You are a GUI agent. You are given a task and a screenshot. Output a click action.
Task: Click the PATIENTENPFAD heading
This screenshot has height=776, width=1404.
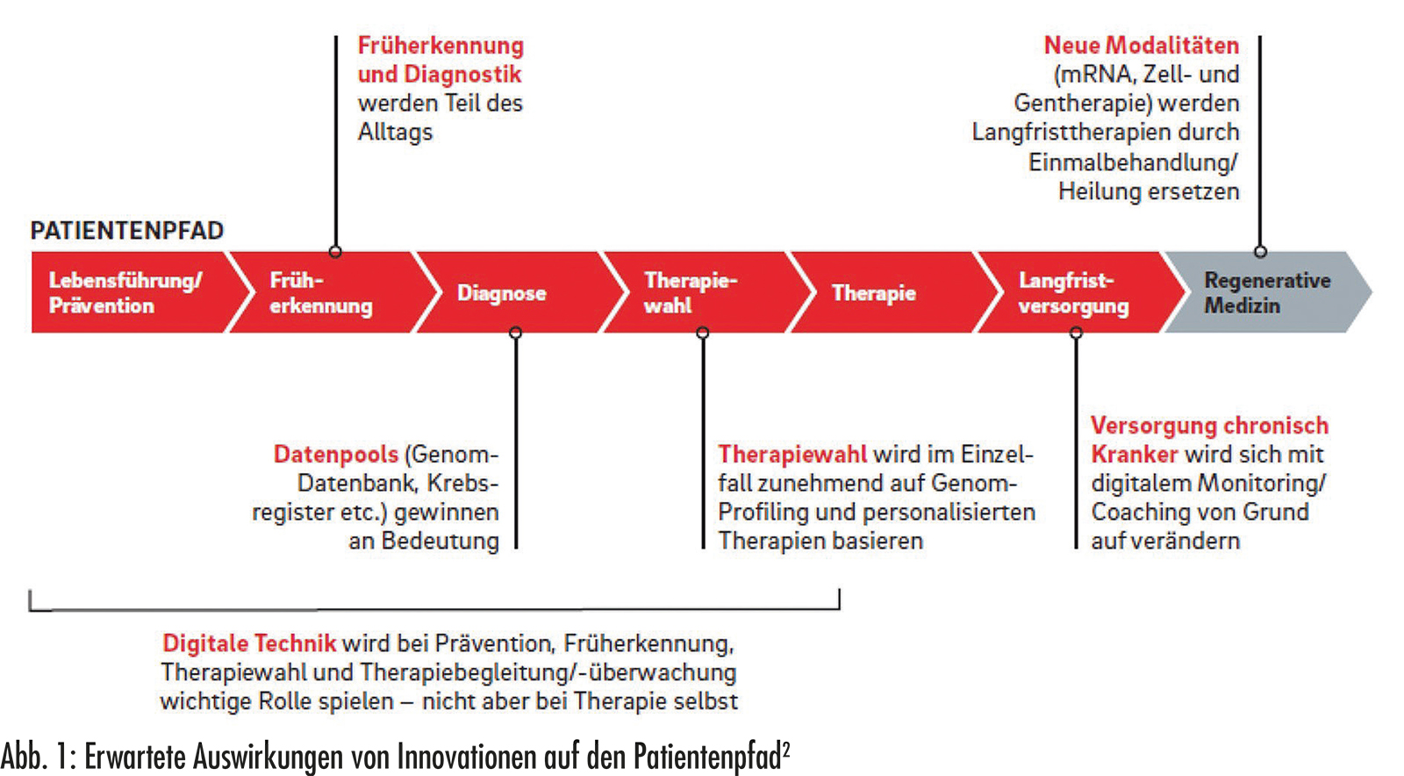pyautogui.click(x=126, y=231)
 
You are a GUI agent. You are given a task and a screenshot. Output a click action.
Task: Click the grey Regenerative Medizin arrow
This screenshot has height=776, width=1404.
pyautogui.click(x=1266, y=292)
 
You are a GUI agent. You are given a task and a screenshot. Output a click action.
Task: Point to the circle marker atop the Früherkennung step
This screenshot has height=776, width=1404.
pyautogui.click(x=335, y=252)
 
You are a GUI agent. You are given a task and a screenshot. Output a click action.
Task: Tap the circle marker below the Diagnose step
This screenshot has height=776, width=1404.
pyautogui.click(x=516, y=332)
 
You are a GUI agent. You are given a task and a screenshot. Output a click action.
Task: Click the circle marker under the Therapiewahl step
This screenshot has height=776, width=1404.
pyautogui.click(x=703, y=332)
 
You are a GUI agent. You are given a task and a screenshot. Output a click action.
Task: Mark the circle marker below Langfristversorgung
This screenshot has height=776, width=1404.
pyautogui.click(x=1076, y=332)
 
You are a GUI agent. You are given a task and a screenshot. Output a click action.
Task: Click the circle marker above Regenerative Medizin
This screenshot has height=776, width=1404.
pyautogui.click(x=1260, y=252)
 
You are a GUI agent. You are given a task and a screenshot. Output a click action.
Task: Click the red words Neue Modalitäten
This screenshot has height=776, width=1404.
pyautogui.click(x=1142, y=45)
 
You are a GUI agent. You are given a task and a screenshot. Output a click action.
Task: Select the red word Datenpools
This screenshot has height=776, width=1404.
pyautogui.click(x=336, y=455)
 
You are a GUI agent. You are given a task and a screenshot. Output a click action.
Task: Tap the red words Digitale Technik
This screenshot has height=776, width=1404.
pyautogui.click(x=249, y=643)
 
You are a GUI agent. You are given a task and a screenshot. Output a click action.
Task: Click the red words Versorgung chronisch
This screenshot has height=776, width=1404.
pyautogui.click(x=1210, y=426)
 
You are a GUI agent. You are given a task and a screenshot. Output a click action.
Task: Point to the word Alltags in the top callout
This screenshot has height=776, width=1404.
pyautogui.click(x=396, y=133)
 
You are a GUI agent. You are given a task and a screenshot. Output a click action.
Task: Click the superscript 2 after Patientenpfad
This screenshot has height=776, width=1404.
pyautogui.click(x=786, y=749)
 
